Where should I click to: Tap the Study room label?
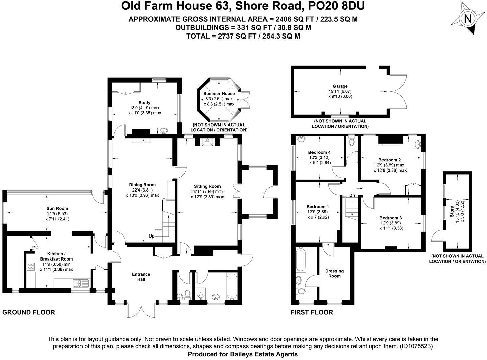coord(144,103)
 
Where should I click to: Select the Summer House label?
coord(219,94)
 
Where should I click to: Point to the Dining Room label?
coord(142,185)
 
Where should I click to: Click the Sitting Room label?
coord(207,186)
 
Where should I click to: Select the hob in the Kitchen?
coord(31,266)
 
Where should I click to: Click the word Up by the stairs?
coord(151,236)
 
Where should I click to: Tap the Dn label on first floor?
coord(352,195)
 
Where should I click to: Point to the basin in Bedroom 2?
coord(418,145)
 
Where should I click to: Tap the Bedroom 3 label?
coord(391,218)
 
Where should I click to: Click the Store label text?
coord(452,213)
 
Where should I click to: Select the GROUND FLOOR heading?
coord(29,312)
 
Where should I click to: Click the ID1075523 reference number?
coord(416,346)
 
